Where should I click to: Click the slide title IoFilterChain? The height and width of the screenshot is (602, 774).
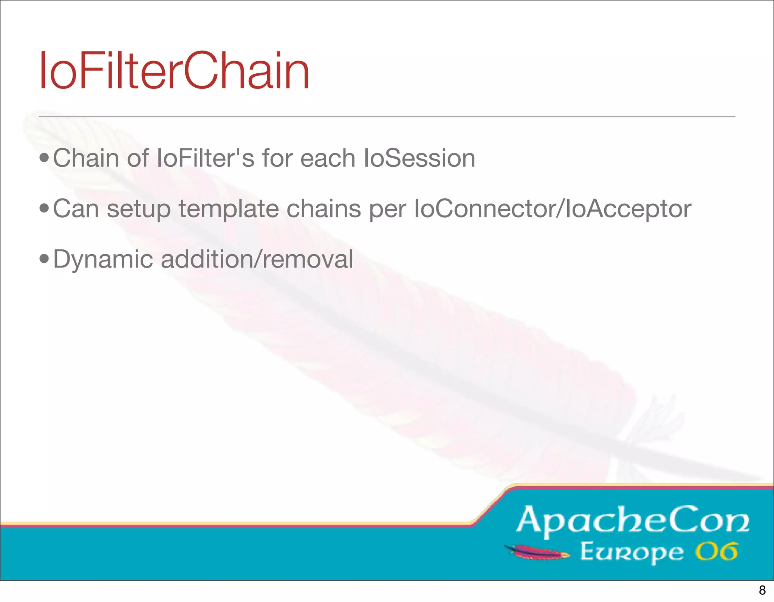[x=174, y=71]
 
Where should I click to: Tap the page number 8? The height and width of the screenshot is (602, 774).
[x=762, y=590]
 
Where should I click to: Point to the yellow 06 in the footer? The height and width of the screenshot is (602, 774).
[x=716, y=552]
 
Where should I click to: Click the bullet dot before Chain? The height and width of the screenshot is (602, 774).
[x=44, y=158]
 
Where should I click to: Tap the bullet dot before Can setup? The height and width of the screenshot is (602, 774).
[x=44, y=208]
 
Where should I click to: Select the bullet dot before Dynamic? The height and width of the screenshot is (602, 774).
[x=44, y=259]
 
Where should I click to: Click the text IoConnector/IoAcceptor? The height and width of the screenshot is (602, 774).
[x=553, y=208]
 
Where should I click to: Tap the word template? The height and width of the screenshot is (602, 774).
[x=229, y=209]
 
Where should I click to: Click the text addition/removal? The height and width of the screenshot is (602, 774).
[x=257, y=259]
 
